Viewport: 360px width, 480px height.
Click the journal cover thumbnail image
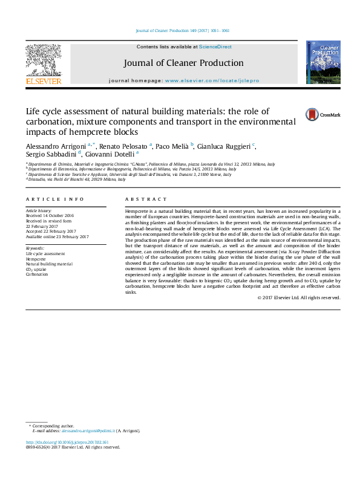(x=323, y=62)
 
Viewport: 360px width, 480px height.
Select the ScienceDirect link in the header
(x=215, y=47)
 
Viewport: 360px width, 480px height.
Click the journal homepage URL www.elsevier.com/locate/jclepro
(x=212, y=80)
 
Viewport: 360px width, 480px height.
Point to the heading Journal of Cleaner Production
(x=183, y=63)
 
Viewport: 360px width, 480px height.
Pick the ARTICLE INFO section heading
(x=55, y=199)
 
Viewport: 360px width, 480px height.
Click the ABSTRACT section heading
(x=146, y=199)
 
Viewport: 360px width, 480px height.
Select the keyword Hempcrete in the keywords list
(x=36, y=259)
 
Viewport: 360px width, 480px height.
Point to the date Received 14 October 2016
(x=50, y=215)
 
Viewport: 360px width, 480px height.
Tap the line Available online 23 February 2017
(x=57, y=237)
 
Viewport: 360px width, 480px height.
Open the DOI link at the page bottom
(x=62, y=443)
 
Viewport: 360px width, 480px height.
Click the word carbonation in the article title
(x=51, y=122)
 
